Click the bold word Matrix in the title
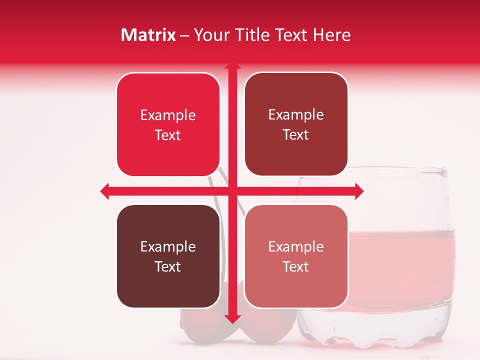tap(148, 35)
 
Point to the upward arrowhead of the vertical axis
tap(232, 65)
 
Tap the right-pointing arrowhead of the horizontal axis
tap(358, 191)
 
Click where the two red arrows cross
tap(232, 191)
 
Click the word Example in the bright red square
tap(168, 115)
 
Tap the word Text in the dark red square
tap(296, 135)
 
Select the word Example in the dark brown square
tap(168, 246)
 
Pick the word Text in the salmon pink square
tap(296, 266)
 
